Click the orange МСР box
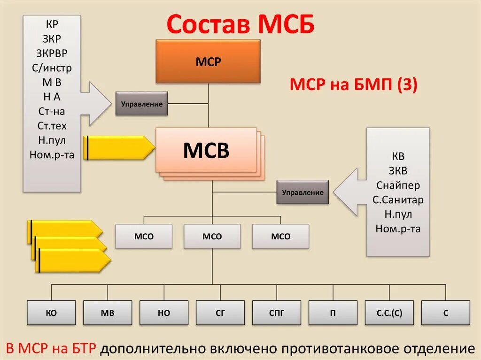(208, 61)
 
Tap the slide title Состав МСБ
(240, 24)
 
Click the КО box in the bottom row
(51, 313)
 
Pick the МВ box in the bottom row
(108, 313)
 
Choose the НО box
(164, 313)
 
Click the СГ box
(220, 313)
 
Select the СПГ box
(277, 313)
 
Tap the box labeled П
(333, 313)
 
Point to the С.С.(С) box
(389, 313)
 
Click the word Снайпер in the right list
(398, 185)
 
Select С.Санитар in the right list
(398, 200)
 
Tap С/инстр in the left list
(52, 68)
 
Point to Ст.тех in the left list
(52, 126)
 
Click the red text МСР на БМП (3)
(353, 85)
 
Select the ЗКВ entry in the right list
(398, 171)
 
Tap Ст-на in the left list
(52, 111)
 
